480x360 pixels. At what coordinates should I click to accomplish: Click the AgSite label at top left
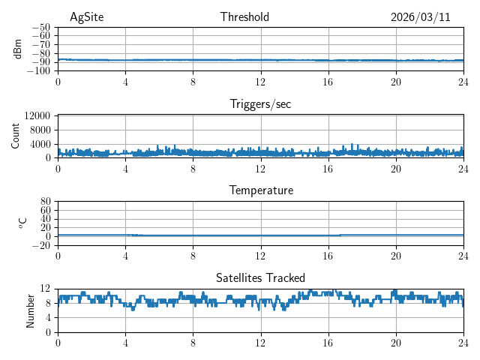(86, 17)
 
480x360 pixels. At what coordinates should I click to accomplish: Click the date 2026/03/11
(420, 17)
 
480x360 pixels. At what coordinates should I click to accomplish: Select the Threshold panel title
(244, 17)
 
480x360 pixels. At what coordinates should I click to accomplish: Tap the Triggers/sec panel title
(260, 104)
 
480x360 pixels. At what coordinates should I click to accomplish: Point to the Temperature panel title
(260, 191)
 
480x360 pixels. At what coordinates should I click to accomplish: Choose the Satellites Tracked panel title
(260, 278)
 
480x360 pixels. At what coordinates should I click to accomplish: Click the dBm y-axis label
(18, 49)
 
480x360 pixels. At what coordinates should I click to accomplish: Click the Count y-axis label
(16, 136)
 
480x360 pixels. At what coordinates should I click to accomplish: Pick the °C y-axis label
(22, 223)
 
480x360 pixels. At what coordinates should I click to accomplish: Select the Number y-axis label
(31, 310)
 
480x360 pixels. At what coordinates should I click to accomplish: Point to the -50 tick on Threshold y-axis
(41, 27)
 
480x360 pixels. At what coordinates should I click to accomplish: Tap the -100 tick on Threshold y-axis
(39, 71)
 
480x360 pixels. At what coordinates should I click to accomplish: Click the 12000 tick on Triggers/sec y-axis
(37, 115)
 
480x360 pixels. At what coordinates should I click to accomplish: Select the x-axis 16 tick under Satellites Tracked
(328, 343)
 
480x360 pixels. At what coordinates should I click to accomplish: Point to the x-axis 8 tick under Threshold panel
(193, 82)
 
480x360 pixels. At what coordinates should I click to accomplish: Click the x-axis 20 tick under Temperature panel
(395, 256)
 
